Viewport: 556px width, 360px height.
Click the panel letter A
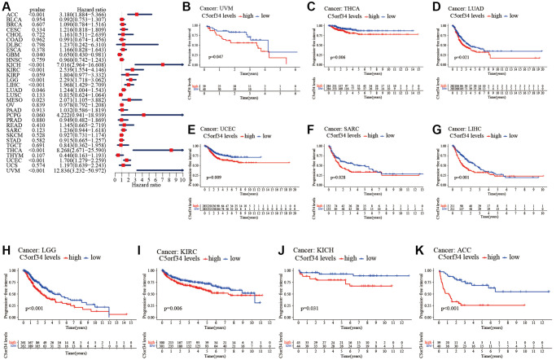click(x=7, y=7)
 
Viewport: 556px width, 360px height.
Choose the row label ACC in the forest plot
click(x=14, y=14)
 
